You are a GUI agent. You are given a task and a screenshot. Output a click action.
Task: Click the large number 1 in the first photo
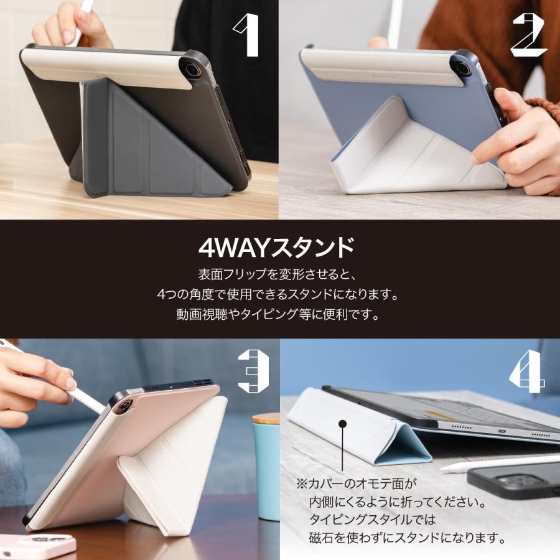tap(247, 36)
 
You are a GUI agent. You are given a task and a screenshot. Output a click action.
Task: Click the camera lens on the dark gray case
tap(193, 70)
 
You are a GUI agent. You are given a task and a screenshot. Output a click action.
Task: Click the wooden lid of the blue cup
tap(266, 418)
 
